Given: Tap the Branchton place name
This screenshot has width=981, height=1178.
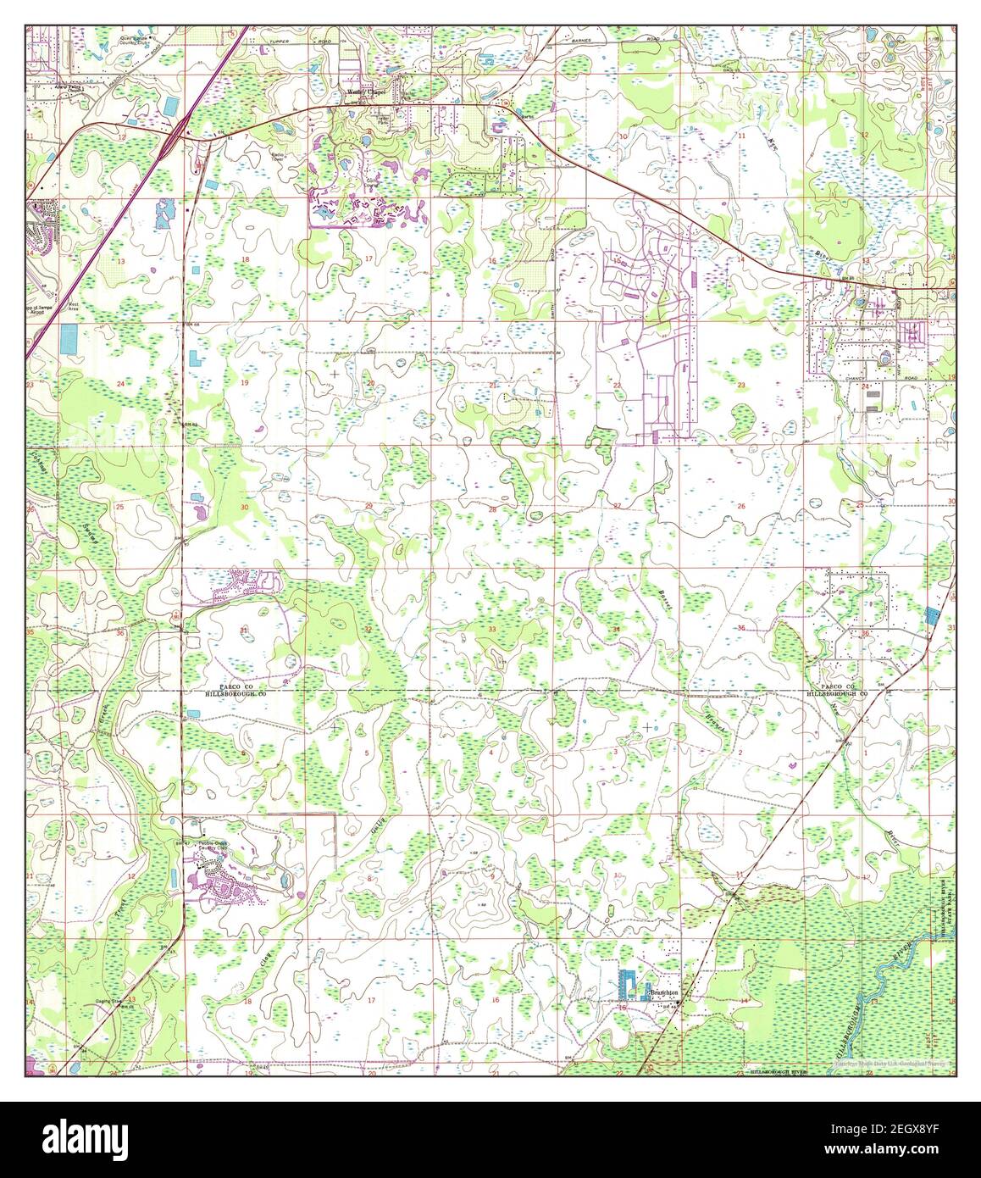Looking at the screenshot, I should tap(664, 992).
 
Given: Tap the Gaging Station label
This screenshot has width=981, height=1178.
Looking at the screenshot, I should tap(122, 1002).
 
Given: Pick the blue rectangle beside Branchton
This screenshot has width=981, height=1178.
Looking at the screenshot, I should tap(629, 986).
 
